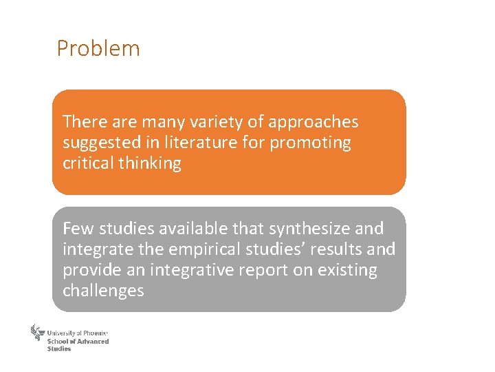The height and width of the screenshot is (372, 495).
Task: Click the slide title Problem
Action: (x=98, y=49)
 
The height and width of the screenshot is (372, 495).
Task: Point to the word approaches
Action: (x=313, y=123)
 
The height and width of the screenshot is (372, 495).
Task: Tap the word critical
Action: (x=86, y=163)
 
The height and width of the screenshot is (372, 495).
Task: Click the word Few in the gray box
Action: (x=78, y=228)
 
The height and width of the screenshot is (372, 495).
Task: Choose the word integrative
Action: (x=195, y=269)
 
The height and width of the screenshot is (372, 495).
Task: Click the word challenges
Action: (x=103, y=291)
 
